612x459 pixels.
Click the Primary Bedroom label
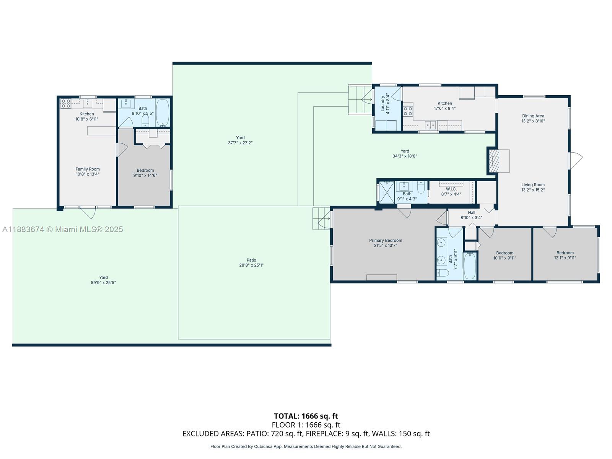click(x=386, y=241)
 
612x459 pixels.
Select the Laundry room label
click(x=382, y=104)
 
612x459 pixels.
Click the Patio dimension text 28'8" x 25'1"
click(x=251, y=265)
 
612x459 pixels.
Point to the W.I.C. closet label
click(x=451, y=189)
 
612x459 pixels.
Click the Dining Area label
click(x=533, y=116)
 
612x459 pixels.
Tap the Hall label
click(x=471, y=213)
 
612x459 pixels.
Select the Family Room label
click(x=88, y=169)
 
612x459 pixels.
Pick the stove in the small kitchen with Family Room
click(x=66, y=103)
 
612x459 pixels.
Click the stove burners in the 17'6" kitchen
click(x=408, y=111)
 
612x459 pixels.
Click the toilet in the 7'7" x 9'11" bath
click(x=443, y=273)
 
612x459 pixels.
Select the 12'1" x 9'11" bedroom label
click(x=565, y=253)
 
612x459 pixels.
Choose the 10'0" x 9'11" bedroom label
click(x=505, y=253)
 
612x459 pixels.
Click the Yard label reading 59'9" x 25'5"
click(x=103, y=280)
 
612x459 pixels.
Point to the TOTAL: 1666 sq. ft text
click(x=306, y=416)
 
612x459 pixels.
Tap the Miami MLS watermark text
click(x=62, y=229)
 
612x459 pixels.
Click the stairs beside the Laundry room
click(x=360, y=99)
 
